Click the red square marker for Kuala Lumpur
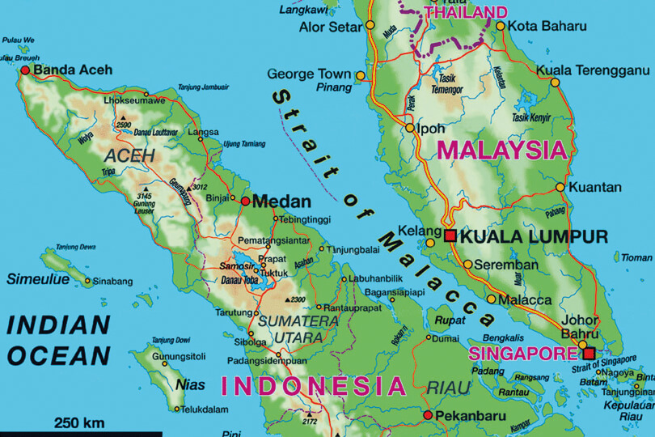[450, 236]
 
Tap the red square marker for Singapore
[589, 353]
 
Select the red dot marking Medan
[244, 201]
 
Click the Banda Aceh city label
[73, 70]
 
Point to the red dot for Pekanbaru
[428, 416]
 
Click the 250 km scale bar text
[79, 422]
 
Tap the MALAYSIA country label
[501, 150]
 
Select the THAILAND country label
[466, 13]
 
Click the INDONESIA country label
[313, 385]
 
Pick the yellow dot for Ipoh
[410, 128]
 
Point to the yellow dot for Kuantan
[560, 187]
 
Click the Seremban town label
[505, 265]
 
